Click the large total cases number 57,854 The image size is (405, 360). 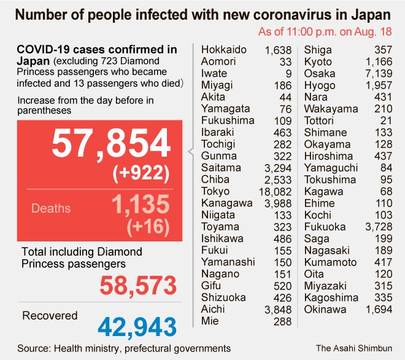(x=111, y=144)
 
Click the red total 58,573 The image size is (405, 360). (x=139, y=285)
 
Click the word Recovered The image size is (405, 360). (x=50, y=316)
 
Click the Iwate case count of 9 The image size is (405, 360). (x=288, y=73)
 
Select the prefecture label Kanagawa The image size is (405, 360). (x=226, y=203)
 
